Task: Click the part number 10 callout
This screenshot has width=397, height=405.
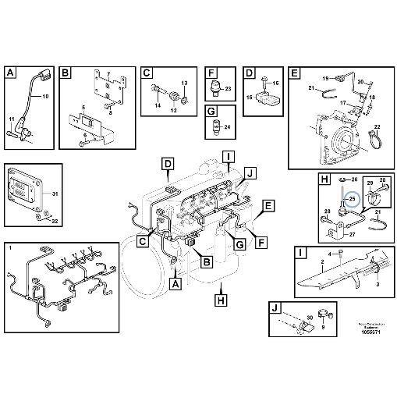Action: pyautogui.click(x=44, y=96)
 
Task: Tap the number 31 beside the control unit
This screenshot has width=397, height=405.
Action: pyautogui.click(x=44, y=194)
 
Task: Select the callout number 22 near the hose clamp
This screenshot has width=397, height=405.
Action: pyautogui.click(x=377, y=127)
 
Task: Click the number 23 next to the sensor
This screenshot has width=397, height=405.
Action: pyautogui.click(x=228, y=91)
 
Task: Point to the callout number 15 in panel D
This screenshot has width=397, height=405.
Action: pyautogui.click(x=250, y=98)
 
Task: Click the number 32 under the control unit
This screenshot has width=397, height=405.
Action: pyautogui.click(x=44, y=222)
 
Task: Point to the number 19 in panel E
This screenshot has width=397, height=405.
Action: pyautogui.click(x=328, y=77)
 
